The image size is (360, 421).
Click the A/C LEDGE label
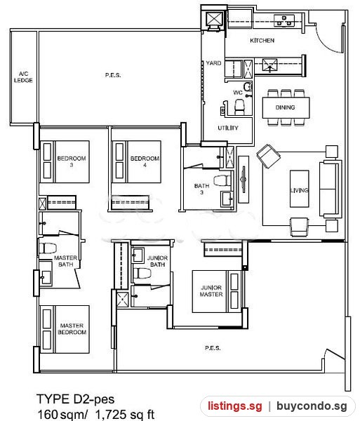23,76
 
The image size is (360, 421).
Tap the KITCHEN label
262,41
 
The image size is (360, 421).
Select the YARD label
214,63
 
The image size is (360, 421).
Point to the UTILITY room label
228,128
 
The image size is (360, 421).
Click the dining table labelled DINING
286,107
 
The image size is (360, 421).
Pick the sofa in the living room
331,189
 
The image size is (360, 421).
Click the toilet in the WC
239,107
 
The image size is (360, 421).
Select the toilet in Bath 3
222,180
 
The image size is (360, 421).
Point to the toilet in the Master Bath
47,248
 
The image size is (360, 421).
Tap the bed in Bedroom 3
65,162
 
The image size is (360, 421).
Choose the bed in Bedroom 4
137,162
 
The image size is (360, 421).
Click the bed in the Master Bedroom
65,329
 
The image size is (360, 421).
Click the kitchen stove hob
284,20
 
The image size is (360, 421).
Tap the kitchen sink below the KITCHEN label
269,65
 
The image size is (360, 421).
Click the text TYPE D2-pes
75,399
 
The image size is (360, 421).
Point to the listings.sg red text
235,406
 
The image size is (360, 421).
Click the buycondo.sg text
312,406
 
